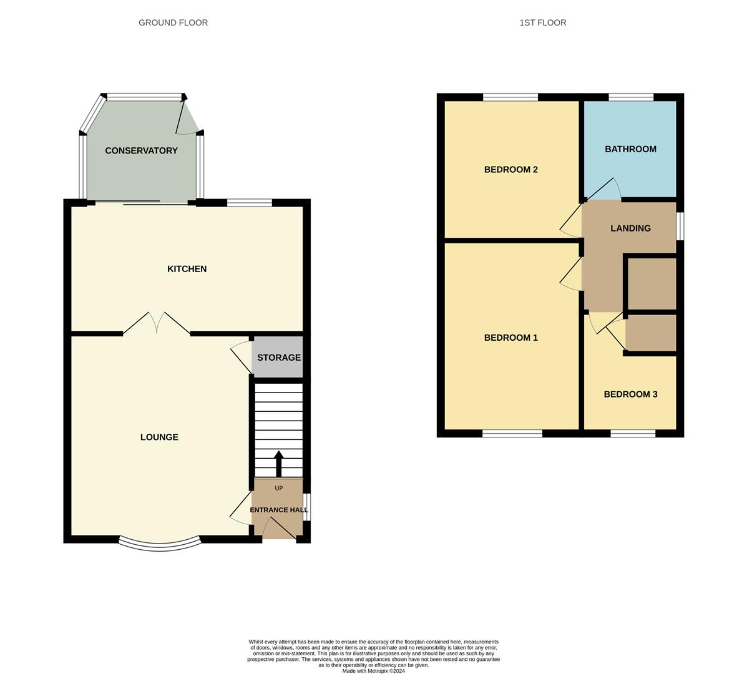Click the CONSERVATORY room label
[x=141, y=150]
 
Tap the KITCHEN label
[x=187, y=269]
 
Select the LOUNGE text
[x=159, y=437]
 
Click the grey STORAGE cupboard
[x=278, y=357]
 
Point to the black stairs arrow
[x=279, y=464]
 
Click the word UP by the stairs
[x=279, y=488]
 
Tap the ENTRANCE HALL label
[x=279, y=510]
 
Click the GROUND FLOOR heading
[x=173, y=23]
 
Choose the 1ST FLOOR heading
[x=543, y=23]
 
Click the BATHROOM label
[x=630, y=149]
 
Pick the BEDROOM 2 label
[x=510, y=170]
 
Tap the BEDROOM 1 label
[x=510, y=338]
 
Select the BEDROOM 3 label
[x=630, y=394]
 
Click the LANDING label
[x=630, y=228]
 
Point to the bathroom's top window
[x=631, y=97]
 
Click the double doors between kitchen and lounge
[x=156, y=323]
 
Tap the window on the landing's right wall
[x=680, y=227]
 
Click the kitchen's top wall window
[x=249, y=203]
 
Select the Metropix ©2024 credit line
[x=373, y=671]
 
